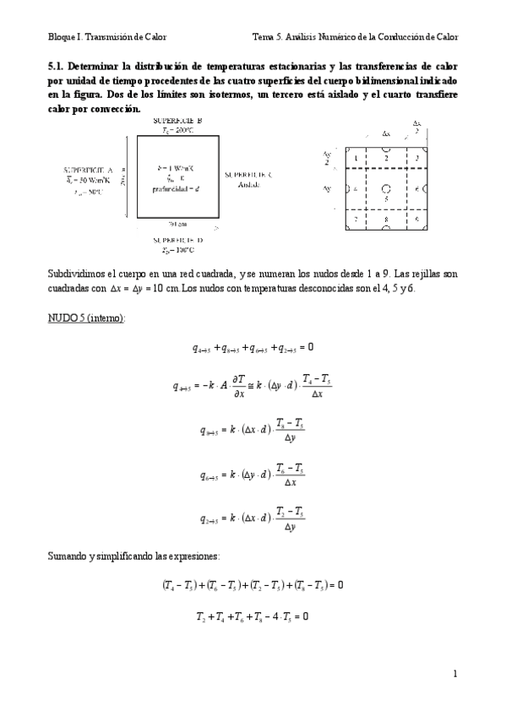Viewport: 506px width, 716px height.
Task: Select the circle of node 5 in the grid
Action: point(385,188)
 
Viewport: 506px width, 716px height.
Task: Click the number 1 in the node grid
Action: point(356,158)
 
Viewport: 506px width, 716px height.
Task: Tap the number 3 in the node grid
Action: point(416,158)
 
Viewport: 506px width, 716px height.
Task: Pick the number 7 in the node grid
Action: point(356,219)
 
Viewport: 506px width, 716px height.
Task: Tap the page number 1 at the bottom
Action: point(454,673)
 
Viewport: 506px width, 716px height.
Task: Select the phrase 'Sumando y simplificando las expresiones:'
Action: point(131,556)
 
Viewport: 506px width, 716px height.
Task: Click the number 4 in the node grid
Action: point(356,188)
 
